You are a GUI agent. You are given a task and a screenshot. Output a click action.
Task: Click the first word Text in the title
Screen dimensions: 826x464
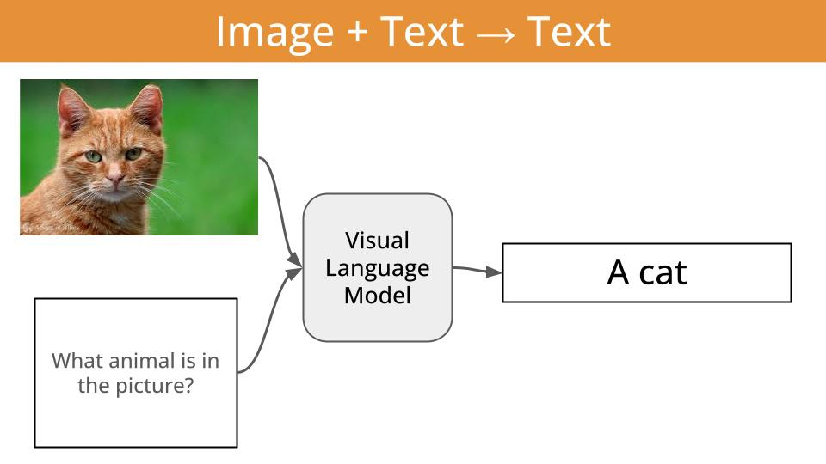[421, 33]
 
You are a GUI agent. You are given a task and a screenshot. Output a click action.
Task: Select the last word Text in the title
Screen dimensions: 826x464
[569, 33]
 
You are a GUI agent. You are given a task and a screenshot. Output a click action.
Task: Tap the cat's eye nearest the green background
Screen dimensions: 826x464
[133, 155]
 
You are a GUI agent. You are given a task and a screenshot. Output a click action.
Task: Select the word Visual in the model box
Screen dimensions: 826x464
[377, 241]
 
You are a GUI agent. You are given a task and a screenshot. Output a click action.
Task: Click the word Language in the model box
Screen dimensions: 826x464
[377, 268]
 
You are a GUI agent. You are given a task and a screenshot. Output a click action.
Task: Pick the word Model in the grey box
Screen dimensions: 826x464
[377, 296]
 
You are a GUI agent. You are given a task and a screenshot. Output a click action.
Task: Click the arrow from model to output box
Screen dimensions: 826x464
[478, 271]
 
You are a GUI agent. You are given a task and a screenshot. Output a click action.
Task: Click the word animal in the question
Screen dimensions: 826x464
[131, 360]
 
